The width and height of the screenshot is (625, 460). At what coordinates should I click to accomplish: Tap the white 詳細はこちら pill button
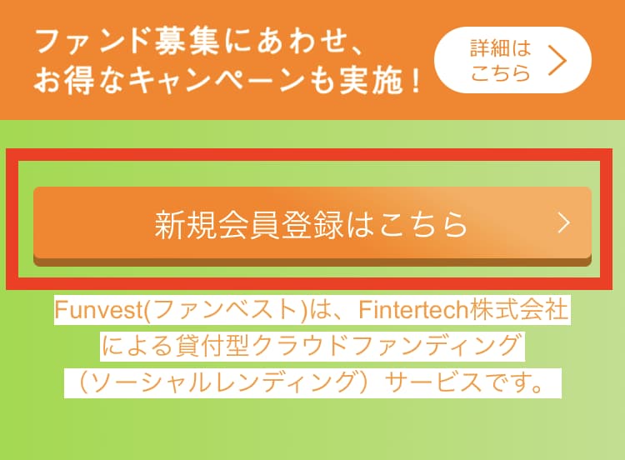[x=512, y=60]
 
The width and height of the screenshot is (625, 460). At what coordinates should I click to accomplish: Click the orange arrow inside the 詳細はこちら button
[x=557, y=60]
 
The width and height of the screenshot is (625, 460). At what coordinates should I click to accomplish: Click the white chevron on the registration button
[x=564, y=222]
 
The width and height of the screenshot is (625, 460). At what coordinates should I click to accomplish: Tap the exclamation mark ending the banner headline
[x=415, y=80]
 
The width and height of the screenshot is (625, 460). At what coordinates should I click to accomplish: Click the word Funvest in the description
[x=98, y=310]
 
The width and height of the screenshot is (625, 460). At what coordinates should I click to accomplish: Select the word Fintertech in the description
[x=413, y=310]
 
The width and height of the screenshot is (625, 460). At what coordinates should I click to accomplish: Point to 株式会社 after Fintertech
[x=518, y=310]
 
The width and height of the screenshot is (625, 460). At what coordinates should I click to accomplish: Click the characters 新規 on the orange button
[x=186, y=225]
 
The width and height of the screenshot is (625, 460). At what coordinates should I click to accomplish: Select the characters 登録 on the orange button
[x=312, y=225]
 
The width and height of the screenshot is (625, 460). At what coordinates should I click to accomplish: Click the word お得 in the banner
[x=64, y=81]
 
